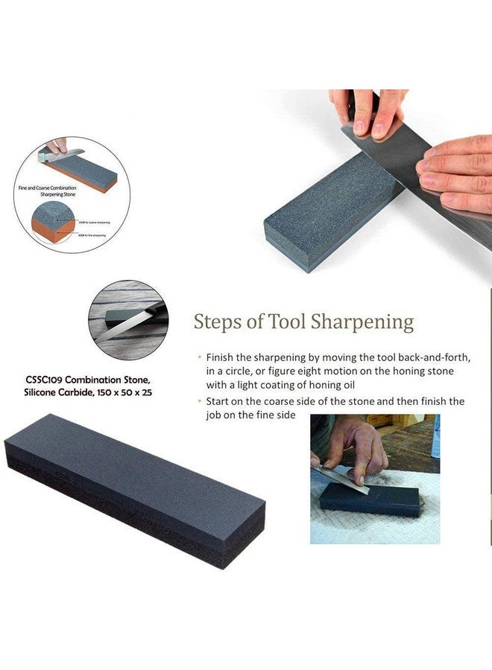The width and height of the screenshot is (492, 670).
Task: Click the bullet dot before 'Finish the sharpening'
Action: tap(199, 357)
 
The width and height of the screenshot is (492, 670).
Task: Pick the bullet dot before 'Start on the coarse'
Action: tap(199, 401)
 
